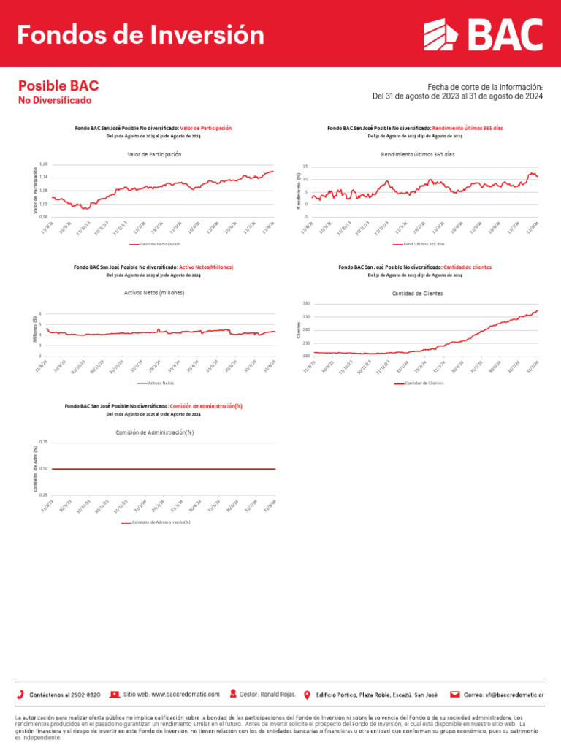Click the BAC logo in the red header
coord(484,34)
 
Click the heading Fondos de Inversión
coord(140,34)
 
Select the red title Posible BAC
coord(58,85)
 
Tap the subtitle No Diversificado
coord(55,100)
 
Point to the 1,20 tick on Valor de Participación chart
coord(43,164)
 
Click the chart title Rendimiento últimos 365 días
coord(418,155)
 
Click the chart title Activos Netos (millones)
coord(154,292)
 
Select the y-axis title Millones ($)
coord(34,329)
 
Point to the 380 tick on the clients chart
coord(305,303)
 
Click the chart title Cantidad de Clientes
coord(418,293)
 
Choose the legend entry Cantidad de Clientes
coord(424,383)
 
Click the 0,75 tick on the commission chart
coord(43,442)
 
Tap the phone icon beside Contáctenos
coord(20,693)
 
